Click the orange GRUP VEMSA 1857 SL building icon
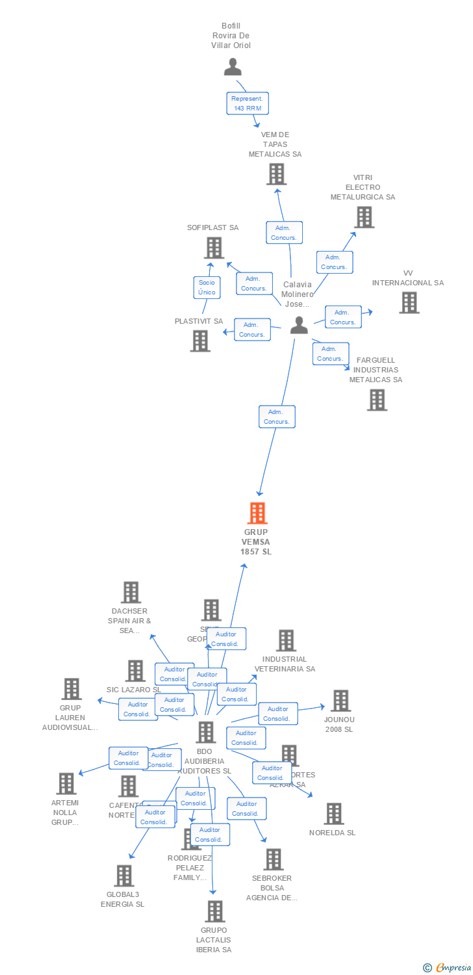257,513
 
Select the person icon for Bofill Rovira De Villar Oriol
233,66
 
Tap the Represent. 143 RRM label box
247,103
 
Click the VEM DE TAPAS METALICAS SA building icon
276,174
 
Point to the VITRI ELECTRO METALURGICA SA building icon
364,217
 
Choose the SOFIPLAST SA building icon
214,248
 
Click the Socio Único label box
207,287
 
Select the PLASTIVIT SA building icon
200,341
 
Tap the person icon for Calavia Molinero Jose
299,325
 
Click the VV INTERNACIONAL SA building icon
409,302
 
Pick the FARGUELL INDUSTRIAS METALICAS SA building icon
377,400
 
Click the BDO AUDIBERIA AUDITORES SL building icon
205,732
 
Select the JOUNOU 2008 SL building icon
340,701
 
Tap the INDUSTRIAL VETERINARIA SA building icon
286,640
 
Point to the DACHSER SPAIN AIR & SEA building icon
131,592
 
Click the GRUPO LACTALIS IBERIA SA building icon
215,911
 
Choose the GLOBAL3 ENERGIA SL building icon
124,876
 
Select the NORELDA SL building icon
333,813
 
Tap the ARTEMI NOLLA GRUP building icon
66,783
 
